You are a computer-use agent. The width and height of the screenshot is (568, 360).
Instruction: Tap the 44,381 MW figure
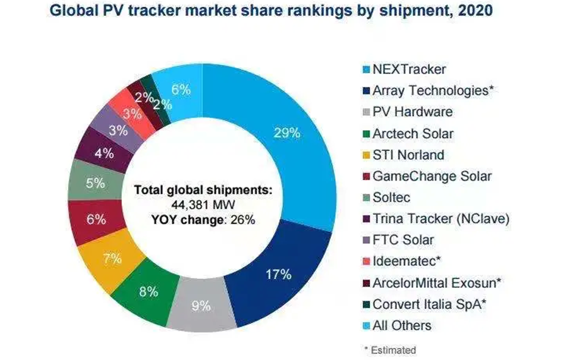[203, 205]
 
